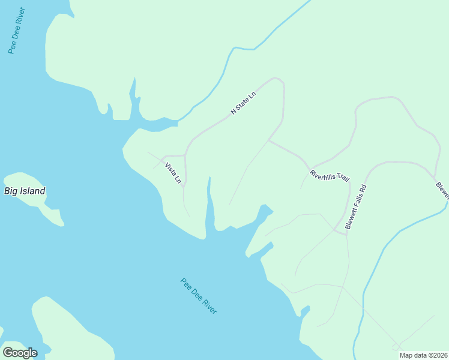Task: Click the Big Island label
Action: coord(25,191)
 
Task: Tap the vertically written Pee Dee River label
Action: coord(16,31)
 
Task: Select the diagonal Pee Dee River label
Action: coord(199,296)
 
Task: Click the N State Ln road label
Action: coord(243,103)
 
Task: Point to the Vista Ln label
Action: coord(173,172)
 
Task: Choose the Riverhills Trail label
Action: coord(329,176)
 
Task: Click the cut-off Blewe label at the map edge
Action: coord(442,191)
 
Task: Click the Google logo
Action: coord(20,353)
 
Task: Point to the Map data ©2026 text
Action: coord(423,355)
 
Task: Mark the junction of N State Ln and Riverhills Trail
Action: coord(268,141)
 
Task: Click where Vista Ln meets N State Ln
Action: coord(185,155)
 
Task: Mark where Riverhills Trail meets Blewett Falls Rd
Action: coord(346,231)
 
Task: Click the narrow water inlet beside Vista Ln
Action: coord(209,201)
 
